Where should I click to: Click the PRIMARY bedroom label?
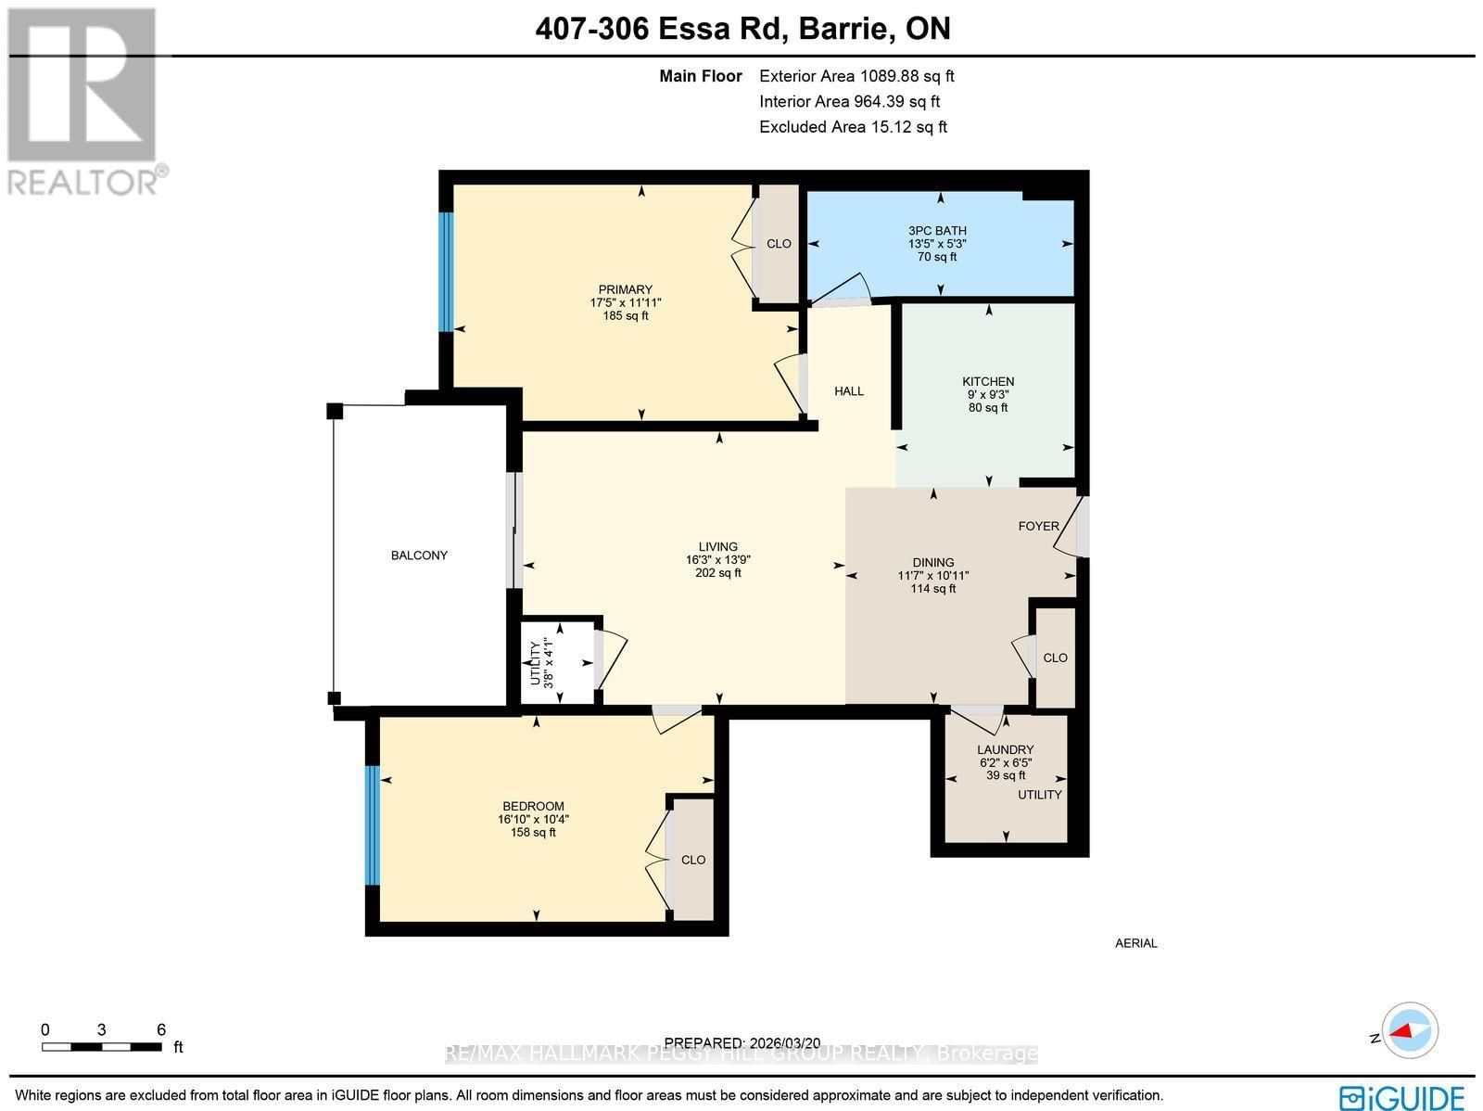[x=625, y=289]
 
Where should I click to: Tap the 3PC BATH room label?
[x=937, y=231]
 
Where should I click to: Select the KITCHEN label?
[x=988, y=381]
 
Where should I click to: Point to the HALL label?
[x=848, y=391]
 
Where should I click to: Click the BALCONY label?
[x=419, y=555]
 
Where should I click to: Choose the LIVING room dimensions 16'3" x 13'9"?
[x=717, y=560]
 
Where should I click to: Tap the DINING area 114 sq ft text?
[x=932, y=589]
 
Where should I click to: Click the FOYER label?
[x=1038, y=526]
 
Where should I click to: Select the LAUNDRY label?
[x=1005, y=749]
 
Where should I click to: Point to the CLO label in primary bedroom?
[x=779, y=244]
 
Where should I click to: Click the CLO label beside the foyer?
[x=1055, y=658]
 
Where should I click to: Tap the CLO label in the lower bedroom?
[x=693, y=860]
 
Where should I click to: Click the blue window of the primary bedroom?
[x=446, y=272]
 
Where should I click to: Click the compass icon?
[x=1410, y=1031]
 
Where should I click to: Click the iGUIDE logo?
[x=1402, y=1096]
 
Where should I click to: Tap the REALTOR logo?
[x=86, y=102]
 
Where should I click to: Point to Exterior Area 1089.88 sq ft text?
[x=856, y=77]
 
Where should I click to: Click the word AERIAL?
[x=1135, y=943]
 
